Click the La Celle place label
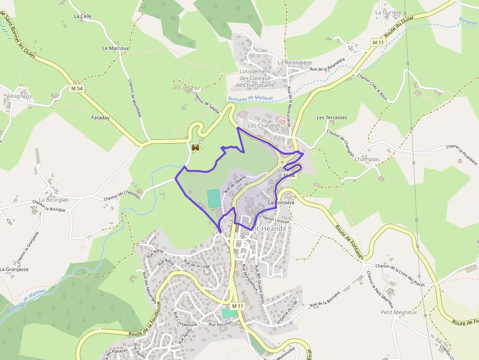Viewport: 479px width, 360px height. [83, 16]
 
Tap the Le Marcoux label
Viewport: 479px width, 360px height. [115, 48]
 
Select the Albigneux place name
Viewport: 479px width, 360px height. [19, 96]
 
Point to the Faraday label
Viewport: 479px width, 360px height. [100, 118]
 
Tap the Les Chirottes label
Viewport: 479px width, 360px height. [264, 126]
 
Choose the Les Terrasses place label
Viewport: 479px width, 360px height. [332, 118]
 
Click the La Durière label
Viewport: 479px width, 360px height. [388, 12]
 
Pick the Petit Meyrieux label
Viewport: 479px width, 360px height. [399, 312]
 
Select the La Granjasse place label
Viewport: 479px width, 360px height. [14, 269]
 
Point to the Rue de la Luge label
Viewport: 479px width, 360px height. [196, 265]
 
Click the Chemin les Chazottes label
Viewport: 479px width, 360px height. [122, 195]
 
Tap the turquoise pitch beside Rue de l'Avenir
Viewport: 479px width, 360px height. [214, 198]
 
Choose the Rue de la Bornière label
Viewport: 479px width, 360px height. [325, 300]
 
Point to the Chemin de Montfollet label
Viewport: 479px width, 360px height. [135, 98]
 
